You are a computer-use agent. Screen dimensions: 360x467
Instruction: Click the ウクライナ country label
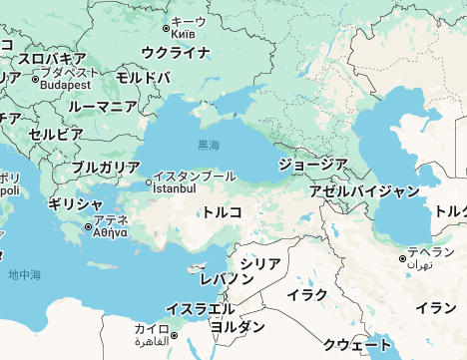[175, 52]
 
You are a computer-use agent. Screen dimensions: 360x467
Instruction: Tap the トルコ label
[223, 211]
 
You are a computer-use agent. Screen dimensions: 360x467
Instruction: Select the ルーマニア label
[102, 107]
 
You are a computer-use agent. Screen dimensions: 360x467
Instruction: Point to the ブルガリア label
[106, 167]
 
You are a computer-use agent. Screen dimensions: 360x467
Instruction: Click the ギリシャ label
[74, 204]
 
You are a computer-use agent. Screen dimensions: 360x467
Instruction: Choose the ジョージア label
[312, 164]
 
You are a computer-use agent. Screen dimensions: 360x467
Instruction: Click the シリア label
[260, 263]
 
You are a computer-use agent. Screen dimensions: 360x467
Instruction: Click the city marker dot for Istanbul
[150, 182]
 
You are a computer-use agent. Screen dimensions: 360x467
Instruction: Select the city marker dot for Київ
[166, 28]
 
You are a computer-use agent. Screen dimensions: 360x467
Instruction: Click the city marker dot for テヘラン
[402, 259]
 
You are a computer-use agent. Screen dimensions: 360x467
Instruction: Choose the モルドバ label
[143, 77]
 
